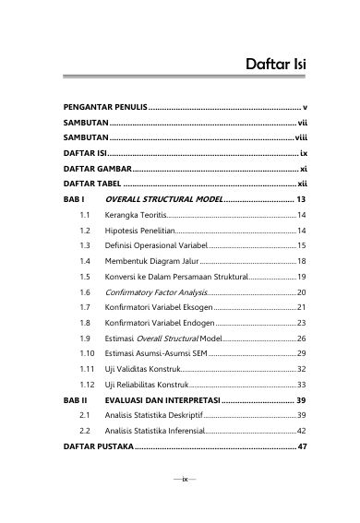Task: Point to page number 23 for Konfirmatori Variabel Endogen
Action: (301, 323)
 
